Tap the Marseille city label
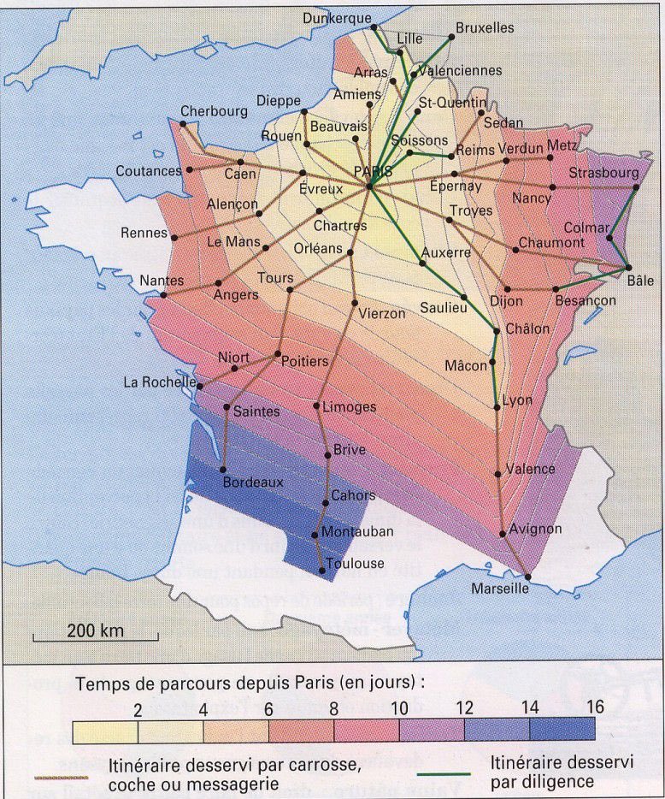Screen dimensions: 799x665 click(x=500, y=589)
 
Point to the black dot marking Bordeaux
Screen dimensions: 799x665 click(x=223, y=470)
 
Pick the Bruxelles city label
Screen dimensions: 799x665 click(x=485, y=27)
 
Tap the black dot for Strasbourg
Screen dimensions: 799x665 click(x=638, y=186)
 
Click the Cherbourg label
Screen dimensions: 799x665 click(x=214, y=111)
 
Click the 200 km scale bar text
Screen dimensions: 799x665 click(x=96, y=631)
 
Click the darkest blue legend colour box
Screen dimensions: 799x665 click(x=562, y=731)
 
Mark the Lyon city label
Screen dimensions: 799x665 click(x=517, y=400)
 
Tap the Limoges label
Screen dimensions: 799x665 click(x=349, y=407)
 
